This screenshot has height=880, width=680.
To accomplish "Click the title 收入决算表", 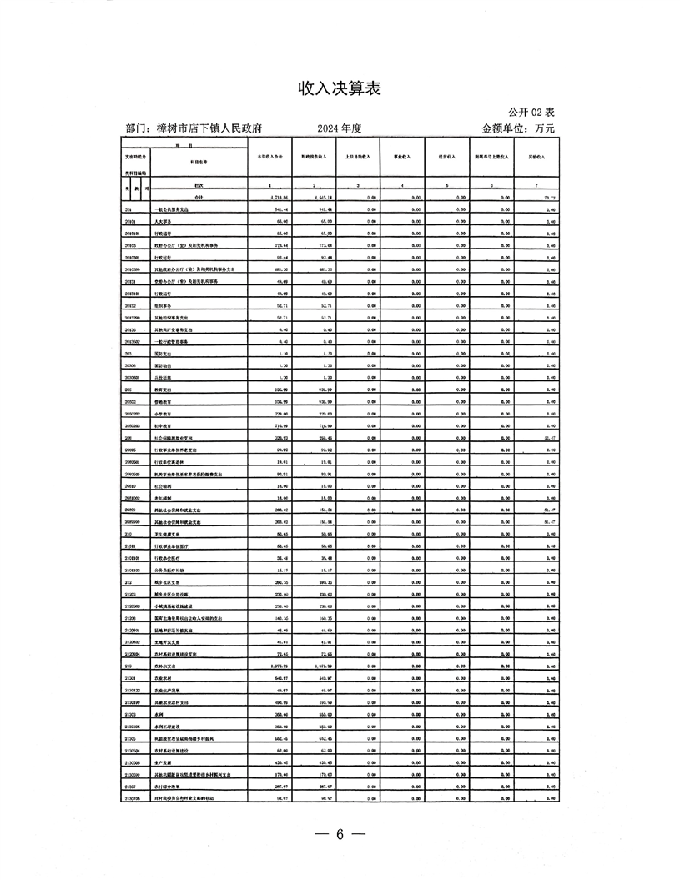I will click(x=340, y=88).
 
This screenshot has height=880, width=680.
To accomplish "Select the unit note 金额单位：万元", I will click(x=517, y=129).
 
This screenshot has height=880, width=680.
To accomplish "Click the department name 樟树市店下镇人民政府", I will click(x=206, y=129).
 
